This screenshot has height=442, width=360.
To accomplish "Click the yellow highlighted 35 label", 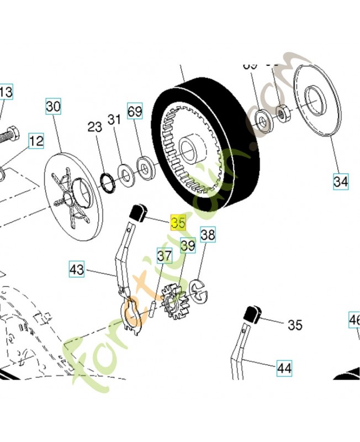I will coord(179,223).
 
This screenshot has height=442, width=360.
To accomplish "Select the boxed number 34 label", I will coord(341,180).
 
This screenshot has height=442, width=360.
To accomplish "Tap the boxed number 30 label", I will coord(53,107).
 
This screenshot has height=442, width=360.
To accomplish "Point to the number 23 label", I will coord(95,127).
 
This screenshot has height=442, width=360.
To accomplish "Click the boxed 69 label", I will coord(135,110).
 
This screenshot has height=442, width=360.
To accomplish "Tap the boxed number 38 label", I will coord(208,236).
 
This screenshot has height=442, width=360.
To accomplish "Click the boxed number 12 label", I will coord(36,141).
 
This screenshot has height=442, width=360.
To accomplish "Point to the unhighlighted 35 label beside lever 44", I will coord(295,325).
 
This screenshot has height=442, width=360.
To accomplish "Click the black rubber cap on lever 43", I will coord(137,212).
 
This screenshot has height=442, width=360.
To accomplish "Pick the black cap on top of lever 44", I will coord(252,313).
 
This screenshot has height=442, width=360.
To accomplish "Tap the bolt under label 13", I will coord(9,133).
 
